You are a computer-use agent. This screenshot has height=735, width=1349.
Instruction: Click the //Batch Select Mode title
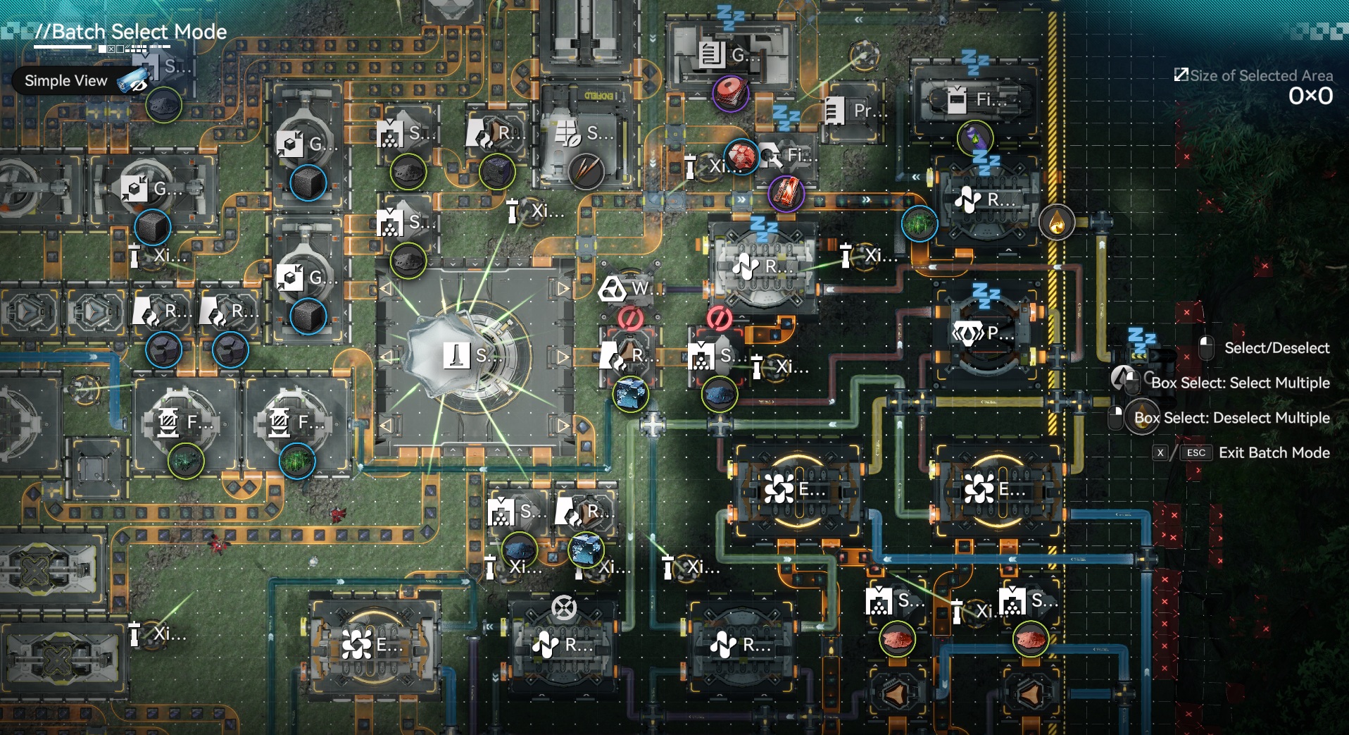click(x=131, y=32)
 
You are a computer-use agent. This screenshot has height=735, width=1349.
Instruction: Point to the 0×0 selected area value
click(x=1310, y=97)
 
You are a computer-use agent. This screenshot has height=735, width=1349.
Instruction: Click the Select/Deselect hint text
click(x=1276, y=348)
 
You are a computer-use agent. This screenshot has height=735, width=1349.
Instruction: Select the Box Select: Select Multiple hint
click(x=1240, y=383)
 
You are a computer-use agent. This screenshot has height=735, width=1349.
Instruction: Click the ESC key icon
click(x=1196, y=453)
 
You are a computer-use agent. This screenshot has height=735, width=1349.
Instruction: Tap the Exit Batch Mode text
click(x=1274, y=453)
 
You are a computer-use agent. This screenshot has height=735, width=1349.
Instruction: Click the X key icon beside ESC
click(x=1160, y=453)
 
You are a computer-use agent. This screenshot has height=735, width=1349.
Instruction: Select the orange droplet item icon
click(x=1056, y=223)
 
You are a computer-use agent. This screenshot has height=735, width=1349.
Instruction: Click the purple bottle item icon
click(x=975, y=137)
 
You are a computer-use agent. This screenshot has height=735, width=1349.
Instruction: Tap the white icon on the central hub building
click(x=456, y=355)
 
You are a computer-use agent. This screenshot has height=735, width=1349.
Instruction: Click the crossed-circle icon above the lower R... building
click(x=563, y=607)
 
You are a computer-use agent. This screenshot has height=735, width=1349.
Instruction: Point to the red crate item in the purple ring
click(x=786, y=192)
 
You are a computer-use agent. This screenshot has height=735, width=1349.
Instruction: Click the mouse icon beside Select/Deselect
click(x=1206, y=347)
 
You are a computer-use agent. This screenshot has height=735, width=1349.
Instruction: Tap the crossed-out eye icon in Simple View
click(x=132, y=82)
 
